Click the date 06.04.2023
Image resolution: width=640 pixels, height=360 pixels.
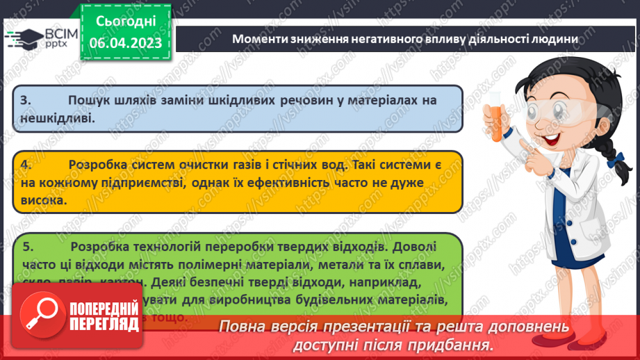[x=125, y=42]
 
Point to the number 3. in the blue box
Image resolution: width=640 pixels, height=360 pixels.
[x=26, y=101]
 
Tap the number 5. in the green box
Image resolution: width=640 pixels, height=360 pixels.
[x=27, y=246]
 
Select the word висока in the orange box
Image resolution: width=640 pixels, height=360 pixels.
[x=43, y=199]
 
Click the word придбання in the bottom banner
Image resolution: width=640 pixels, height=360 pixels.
[x=454, y=345]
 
